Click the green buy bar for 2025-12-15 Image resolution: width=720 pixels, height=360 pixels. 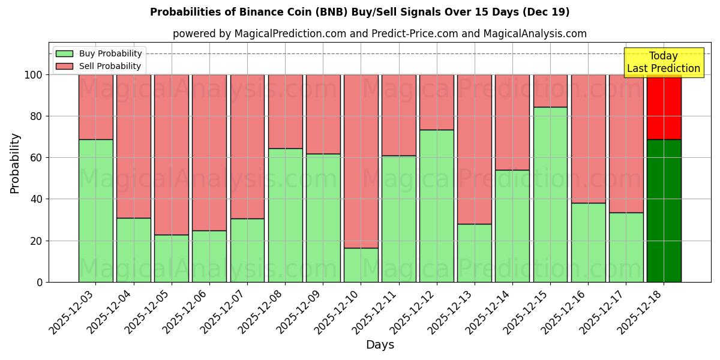(x=550, y=194)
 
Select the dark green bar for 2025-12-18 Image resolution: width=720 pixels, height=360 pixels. (x=664, y=211)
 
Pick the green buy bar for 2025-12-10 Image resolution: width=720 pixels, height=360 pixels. (x=361, y=265)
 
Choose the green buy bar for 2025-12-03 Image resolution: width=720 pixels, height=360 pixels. (x=95, y=211)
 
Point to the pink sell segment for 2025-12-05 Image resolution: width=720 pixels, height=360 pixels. (x=172, y=154)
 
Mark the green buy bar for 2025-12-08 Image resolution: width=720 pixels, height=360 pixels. (x=285, y=215)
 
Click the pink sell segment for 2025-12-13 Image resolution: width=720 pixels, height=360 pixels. (x=475, y=149)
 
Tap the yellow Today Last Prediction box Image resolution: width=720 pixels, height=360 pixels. (x=663, y=62)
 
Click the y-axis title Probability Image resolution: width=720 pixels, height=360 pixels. (x=15, y=163)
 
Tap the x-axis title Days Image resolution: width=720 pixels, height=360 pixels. (x=380, y=345)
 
